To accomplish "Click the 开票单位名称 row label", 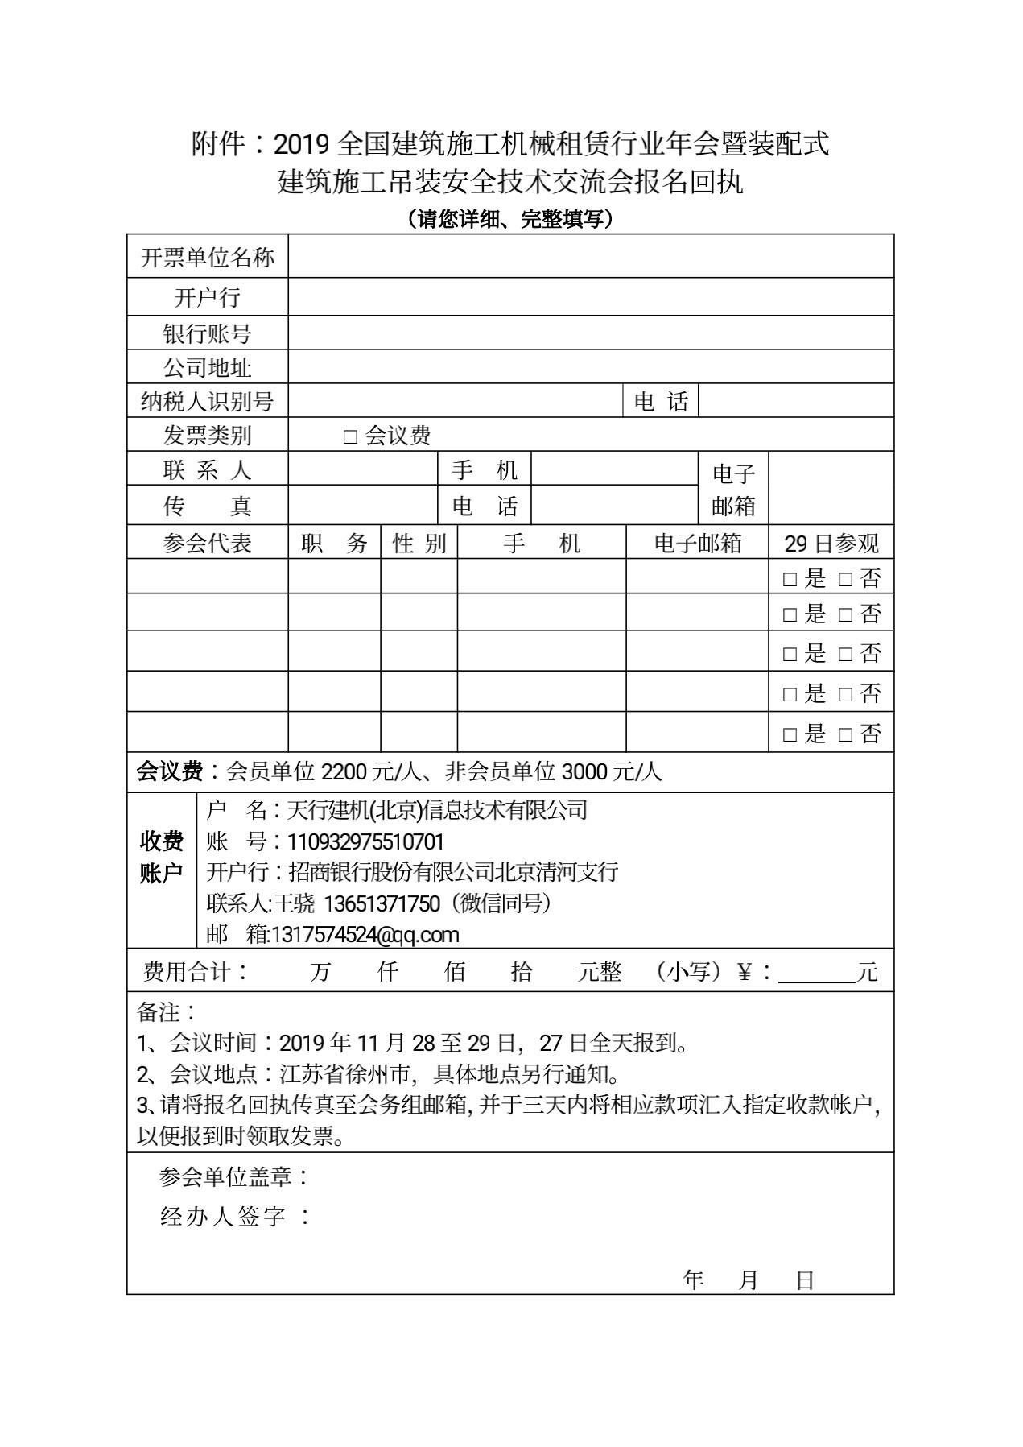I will pos(208,257).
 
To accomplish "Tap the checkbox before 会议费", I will pos(349,436).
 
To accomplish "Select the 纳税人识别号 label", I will pos(208,401).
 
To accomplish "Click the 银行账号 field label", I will pos(208,333).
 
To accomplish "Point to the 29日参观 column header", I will pos(831,544).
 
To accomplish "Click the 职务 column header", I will pos(334,544).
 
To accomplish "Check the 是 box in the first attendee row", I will pos(790,578).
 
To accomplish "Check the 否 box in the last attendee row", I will pos(845,734).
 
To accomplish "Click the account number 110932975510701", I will pos(365,841).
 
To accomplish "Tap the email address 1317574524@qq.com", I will pos(365,935).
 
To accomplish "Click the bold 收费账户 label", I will pos(161,857).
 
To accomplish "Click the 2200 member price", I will pos(344,772).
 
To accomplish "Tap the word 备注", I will pos(161,1011).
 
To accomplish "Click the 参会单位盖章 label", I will pos(233,1177).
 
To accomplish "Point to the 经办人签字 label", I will pos(233,1216).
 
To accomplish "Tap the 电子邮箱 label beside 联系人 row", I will pos(733,490).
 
